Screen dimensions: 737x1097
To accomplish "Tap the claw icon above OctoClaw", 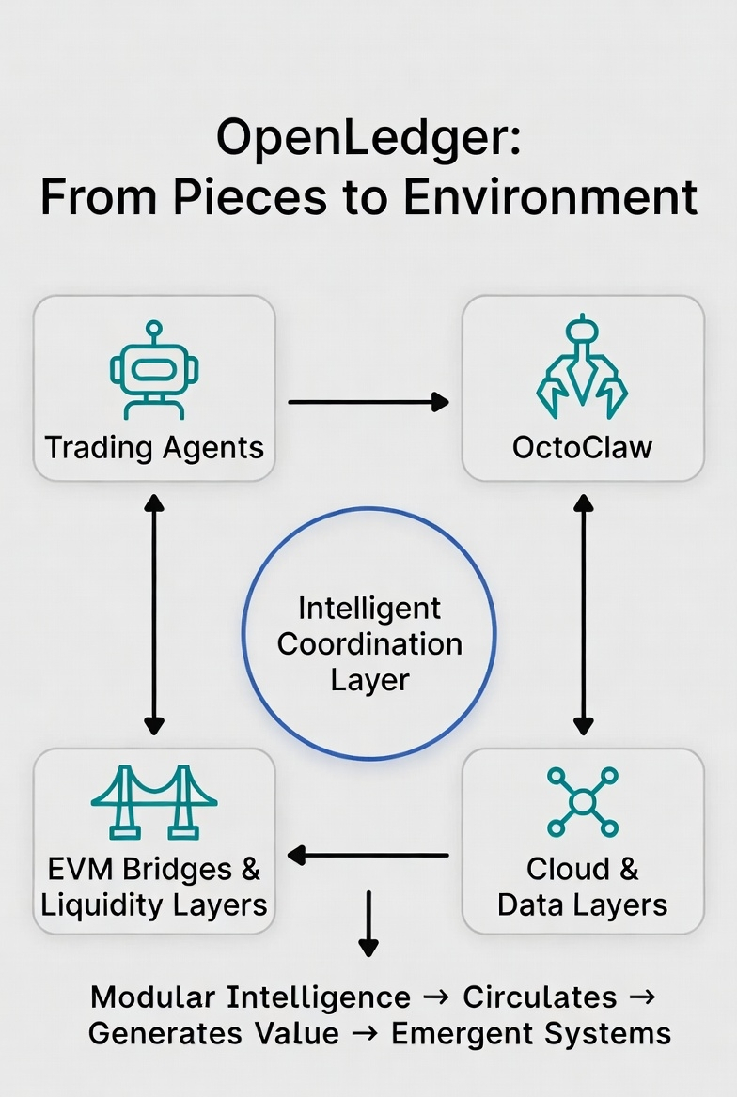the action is pyautogui.click(x=582, y=366).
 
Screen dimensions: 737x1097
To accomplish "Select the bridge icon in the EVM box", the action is pyautogui.click(x=154, y=802).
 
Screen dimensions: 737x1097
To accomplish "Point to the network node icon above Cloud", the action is pyautogui.click(x=582, y=802).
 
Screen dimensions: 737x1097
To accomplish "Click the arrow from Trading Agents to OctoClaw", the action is pyautogui.click(x=368, y=402).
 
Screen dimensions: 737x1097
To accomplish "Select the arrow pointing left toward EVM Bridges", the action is pyautogui.click(x=368, y=855).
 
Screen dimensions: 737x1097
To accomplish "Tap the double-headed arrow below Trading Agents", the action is pyautogui.click(x=154, y=614).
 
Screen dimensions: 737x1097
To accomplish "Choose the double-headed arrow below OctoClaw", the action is pyautogui.click(x=583, y=614).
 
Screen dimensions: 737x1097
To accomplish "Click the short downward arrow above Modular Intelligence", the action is pyautogui.click(x=368, y=923).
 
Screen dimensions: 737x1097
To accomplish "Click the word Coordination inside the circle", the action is pyautogui.click(x=369, y=644).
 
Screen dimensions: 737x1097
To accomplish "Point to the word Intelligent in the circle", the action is pyautogui.click(x=369, y=609).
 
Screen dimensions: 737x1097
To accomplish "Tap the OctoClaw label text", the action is pyautogui.click(x=582, y=448).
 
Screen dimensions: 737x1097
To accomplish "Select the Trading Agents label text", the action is pyautogui.click(x=154, y=448).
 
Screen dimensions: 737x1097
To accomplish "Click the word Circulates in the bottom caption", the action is pyautogui.click(x=540, y=997).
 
